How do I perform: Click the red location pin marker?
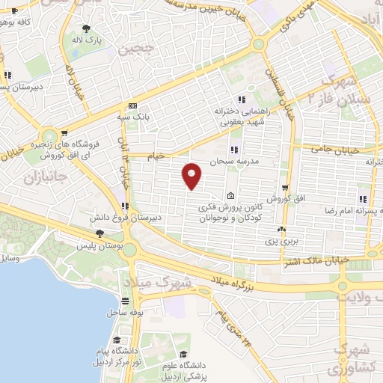tap(191, 175)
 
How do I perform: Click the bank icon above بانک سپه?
tap(133, 105)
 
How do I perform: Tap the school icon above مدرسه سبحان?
tap(236, 148)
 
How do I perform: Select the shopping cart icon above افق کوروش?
tap(286, 187)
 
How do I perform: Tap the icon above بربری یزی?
tap(282, 230)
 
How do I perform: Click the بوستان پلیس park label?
tap(99, 245)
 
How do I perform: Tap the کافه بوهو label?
tap(19, 22)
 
